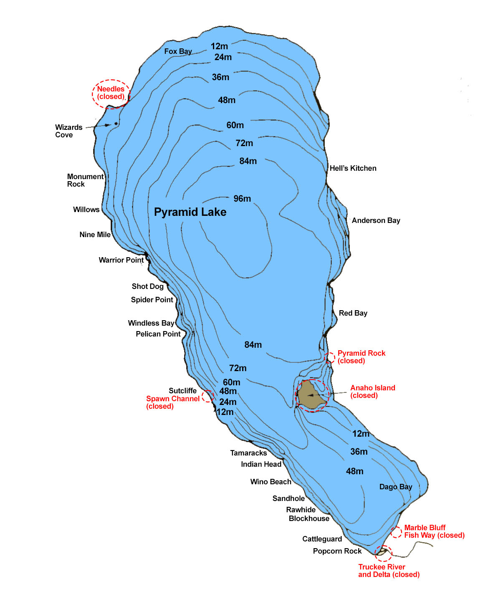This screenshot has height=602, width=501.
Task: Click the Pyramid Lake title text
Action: click(x=190, y=212)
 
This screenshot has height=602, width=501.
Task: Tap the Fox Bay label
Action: click(x=178, y=51)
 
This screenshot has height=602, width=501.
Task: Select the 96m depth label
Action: click(x=242, y=199)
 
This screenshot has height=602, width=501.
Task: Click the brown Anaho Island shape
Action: click(x=311, y=395)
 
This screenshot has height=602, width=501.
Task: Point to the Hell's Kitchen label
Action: click(x=353, y=168)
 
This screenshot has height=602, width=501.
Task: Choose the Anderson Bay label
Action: click(x=376, y=220)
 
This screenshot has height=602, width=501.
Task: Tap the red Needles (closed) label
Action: click(x=111, y=93)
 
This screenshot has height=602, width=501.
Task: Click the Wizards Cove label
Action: click(x=68, y=131)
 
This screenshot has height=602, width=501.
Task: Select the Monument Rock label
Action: click(x=85, y=180)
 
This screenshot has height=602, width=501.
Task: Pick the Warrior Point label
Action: click(x=121, y=260)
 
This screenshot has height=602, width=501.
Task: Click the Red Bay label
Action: click(x=353, y=313)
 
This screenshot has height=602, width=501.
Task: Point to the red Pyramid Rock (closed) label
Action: click(x=361, y=357)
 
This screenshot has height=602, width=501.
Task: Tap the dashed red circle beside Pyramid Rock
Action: click(x=330, y=358)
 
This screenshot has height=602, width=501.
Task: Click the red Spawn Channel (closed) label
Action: click(x=172, y=402)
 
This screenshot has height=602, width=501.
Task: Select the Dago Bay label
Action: click(x=395, y=487)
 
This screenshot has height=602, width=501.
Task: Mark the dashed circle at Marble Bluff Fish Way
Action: click(x=396, y=532)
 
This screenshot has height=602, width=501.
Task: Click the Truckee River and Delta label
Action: click(x=388, y=571)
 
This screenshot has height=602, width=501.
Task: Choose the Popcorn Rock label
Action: click(x=337, y=551)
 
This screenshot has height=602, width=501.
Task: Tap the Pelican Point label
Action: click(x=158, y=334)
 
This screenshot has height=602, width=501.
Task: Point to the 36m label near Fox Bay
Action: click(x=220, y=77)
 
